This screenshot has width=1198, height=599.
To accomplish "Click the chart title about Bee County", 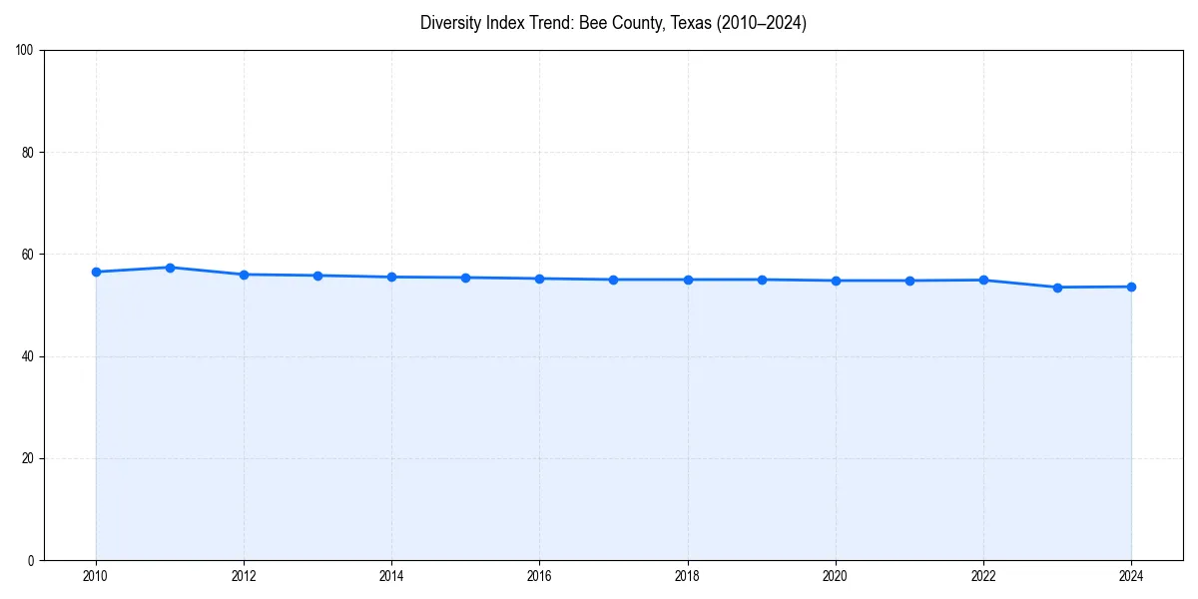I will tap(613, 23).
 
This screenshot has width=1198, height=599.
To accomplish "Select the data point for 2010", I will tap(96, 272).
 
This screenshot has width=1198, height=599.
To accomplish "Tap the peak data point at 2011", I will tap(170, 268).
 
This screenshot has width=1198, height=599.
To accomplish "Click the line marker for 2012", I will tap(244, 275).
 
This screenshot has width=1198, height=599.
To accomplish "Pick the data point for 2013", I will tap(317, 276).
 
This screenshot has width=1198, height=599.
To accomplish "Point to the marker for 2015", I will tap(465, 278).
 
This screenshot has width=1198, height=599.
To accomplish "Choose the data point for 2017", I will tap(613, 280).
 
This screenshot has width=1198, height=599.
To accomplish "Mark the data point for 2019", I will tap(762, 280).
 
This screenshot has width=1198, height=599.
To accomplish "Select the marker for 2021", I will tap(909, 281).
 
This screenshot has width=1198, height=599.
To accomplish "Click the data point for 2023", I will tap(1057, 288).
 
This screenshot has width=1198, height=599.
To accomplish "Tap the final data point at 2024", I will tap(1131, 287).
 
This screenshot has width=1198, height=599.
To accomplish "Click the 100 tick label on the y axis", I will tap(26, 51).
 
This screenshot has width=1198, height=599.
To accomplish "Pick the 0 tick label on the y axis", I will tap(32, 560).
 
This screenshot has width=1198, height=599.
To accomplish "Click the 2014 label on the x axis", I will tap(391, 576).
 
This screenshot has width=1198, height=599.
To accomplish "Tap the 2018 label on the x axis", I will tap(687, 576).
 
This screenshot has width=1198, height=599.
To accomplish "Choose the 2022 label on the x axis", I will tap(983, 576).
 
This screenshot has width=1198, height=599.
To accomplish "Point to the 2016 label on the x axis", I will tap(539, 576).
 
